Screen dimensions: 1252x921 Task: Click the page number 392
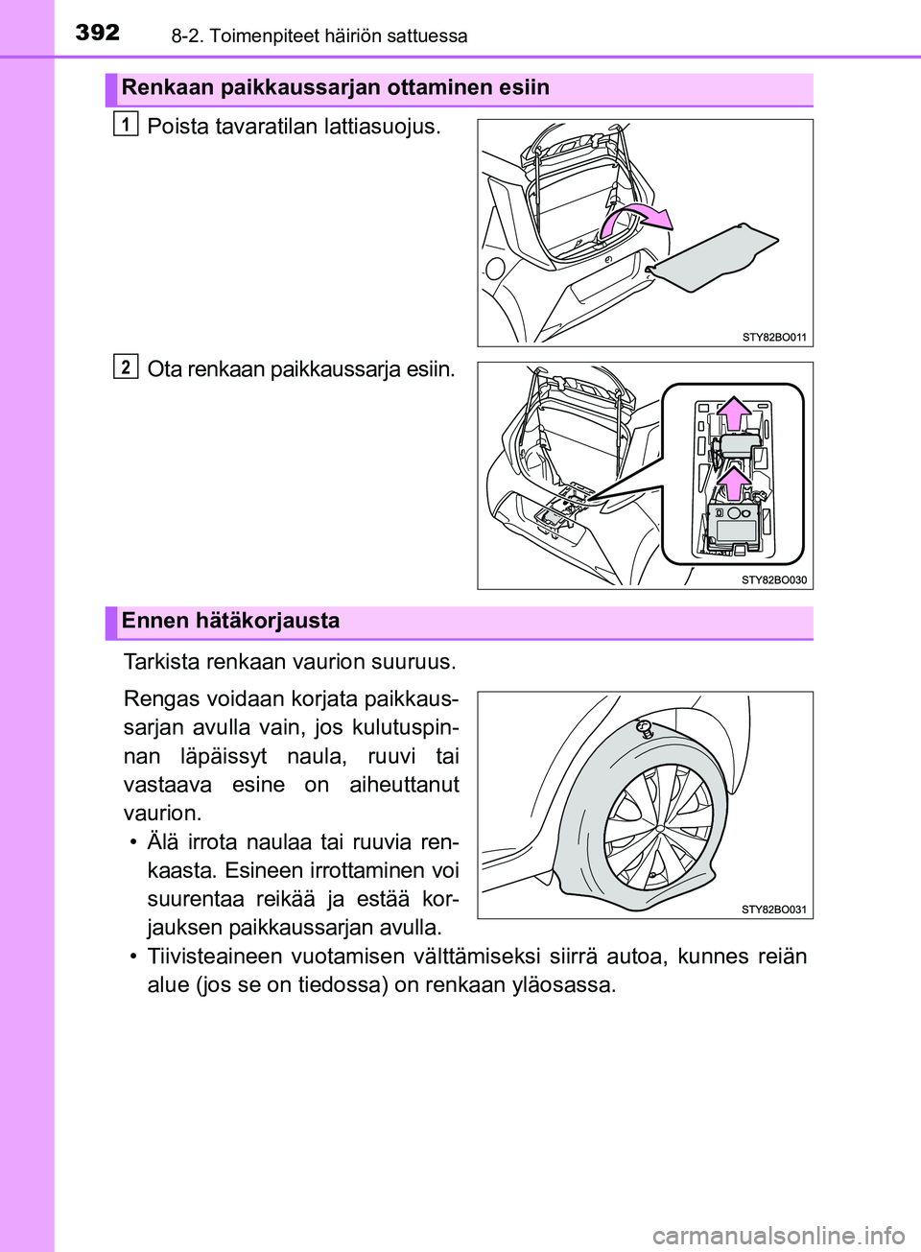[x=98, y=33]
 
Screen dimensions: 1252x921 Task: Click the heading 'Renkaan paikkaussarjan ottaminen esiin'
[x=335, y=88]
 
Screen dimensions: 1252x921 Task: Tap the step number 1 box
[x=125, y=124]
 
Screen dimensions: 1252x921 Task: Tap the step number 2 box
[x=125, y=366]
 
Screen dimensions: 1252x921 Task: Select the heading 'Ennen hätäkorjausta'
[x=230, y=621]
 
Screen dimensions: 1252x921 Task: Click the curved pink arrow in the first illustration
[x=634, y=220]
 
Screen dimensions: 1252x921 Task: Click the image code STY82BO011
[x=774, y=337]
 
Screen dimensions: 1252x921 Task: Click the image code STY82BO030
[x=774, y=579]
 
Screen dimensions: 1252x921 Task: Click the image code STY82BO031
[x=774, y=909]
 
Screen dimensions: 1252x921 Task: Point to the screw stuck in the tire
[x=645, y=727]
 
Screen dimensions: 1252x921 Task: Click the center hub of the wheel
[x=659, y=826]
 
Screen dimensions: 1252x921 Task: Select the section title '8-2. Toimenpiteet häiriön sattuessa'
[x=319, y=36]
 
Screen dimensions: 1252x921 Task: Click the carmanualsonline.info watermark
[x=778, y=1234]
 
